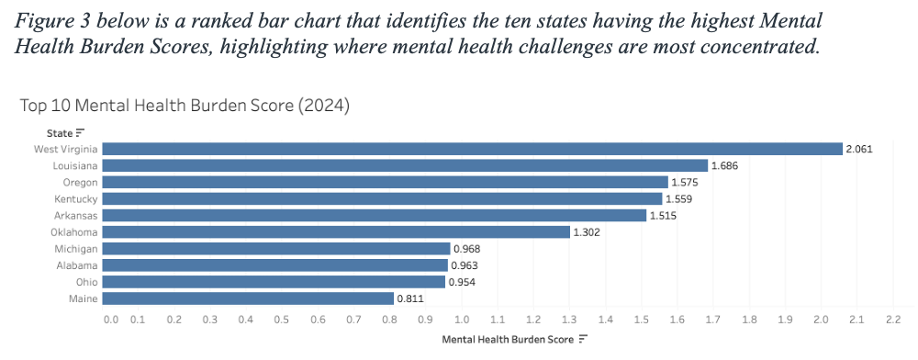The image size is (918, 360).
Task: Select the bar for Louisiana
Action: tap(406, 165)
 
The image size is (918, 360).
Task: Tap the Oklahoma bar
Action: tap(337, 232)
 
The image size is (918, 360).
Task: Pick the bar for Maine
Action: tap(249, 298)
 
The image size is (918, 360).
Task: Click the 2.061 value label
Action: tap(859, 150)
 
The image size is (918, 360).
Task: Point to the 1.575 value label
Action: tap(685, 183)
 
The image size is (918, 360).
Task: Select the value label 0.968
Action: tap(466, 249)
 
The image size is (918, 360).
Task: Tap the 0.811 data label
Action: tap(409, 299)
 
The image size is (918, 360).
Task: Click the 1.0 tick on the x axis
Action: tap(462, 320)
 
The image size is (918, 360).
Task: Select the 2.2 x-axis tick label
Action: tap(893, 320)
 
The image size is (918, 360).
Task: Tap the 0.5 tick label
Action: tap(282, 320)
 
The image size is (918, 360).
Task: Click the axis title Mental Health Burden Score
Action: tap(509, 340)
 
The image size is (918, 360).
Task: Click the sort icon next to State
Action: tap(80, 133)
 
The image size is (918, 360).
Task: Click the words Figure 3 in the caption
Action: tap(52, 23)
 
